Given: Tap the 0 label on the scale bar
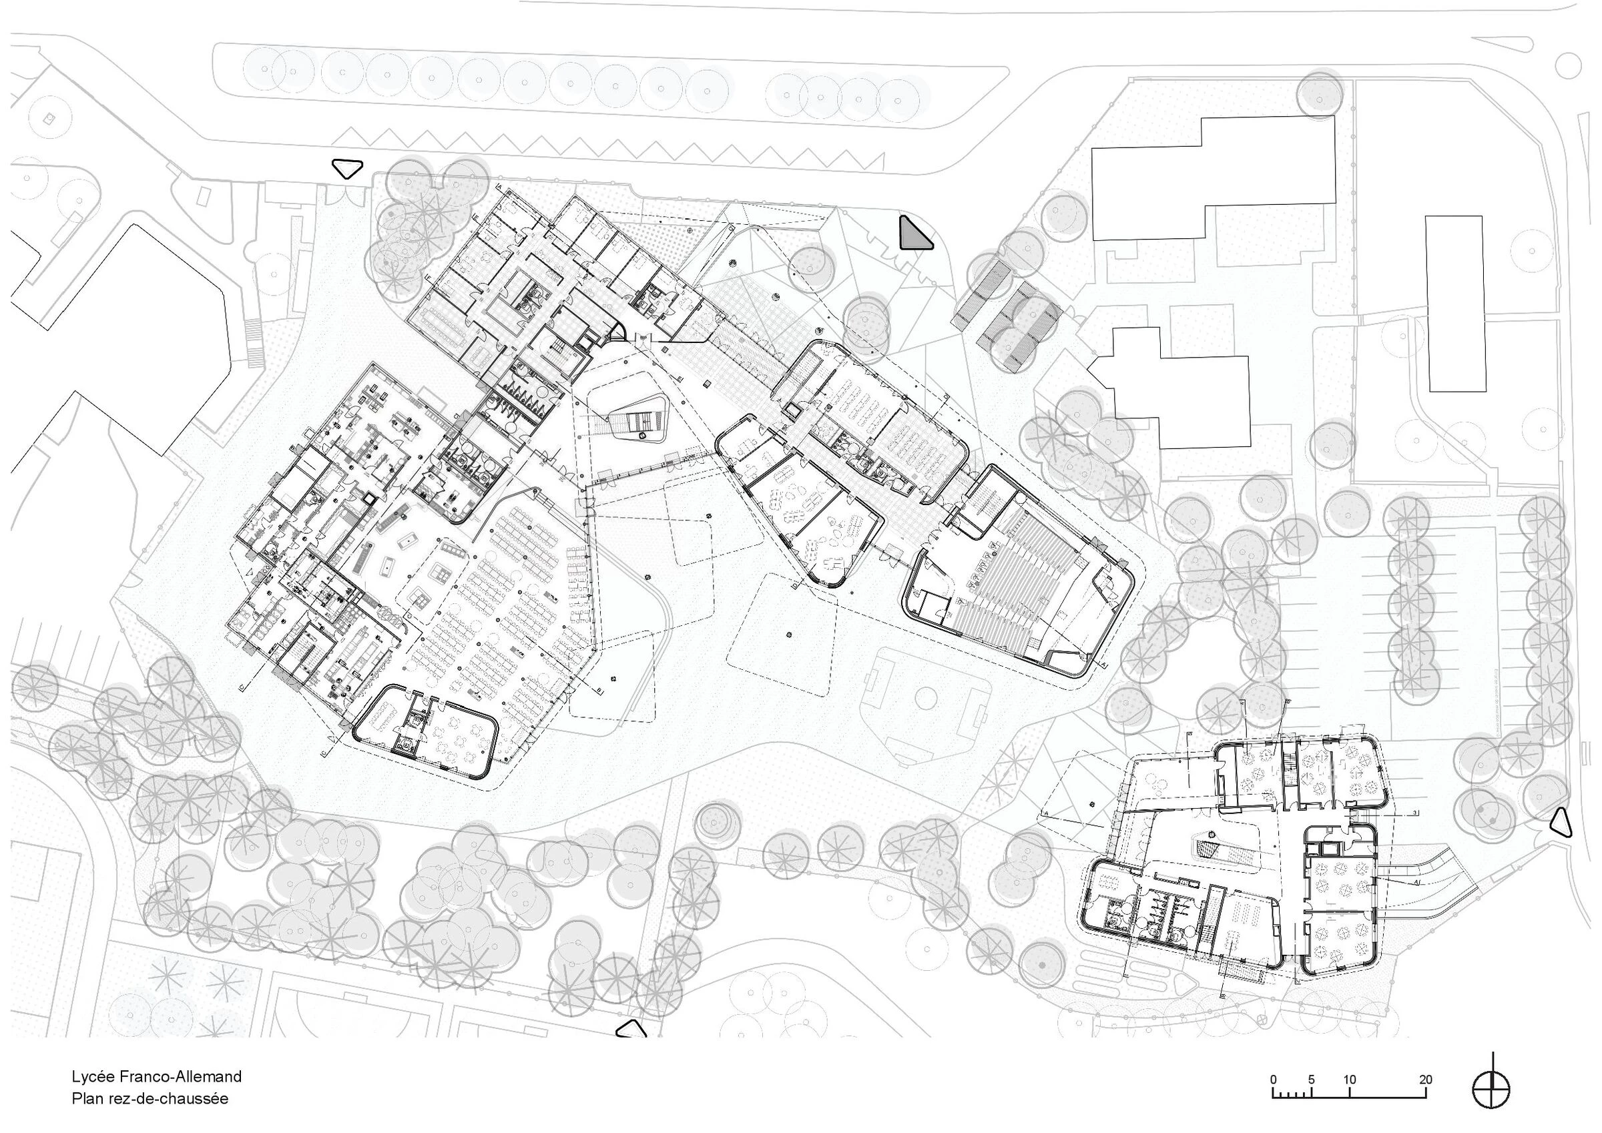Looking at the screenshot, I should (1274, 1079).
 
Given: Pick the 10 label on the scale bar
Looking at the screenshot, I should (1350, 1079).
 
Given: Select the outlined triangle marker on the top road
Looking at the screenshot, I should (347, 168).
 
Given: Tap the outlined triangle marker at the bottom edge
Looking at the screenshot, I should (631, 1028).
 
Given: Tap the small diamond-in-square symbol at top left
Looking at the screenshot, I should (48, 119).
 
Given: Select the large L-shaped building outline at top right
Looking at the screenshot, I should (1214, 178).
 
